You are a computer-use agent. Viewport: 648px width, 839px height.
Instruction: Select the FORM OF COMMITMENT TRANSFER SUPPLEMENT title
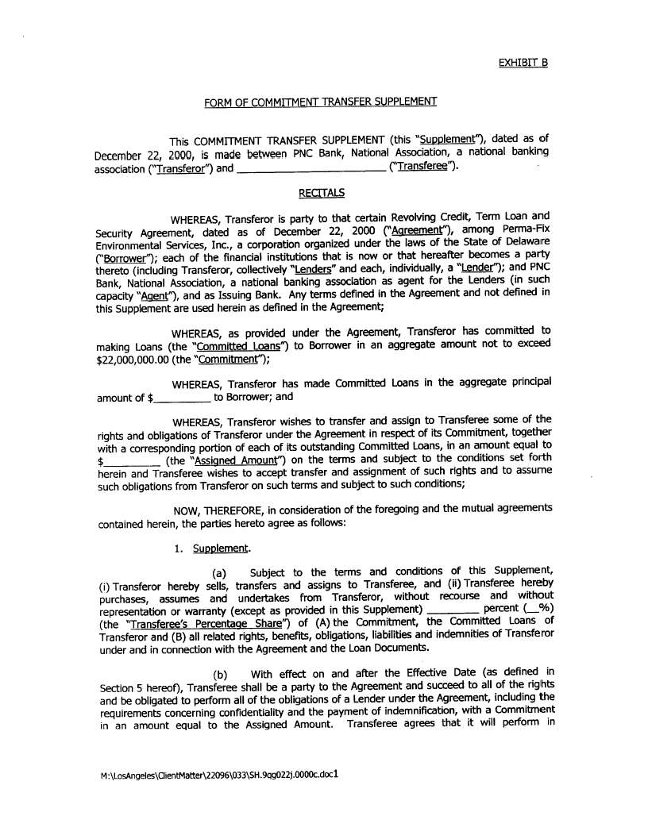point(320,102)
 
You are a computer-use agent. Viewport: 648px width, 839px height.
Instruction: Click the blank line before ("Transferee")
point(312,168)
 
